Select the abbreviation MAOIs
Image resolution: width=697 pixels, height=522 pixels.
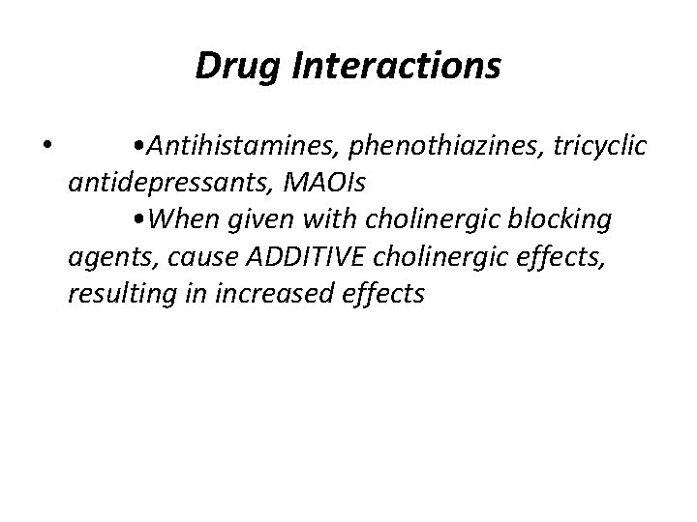(x=302, y=183)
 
